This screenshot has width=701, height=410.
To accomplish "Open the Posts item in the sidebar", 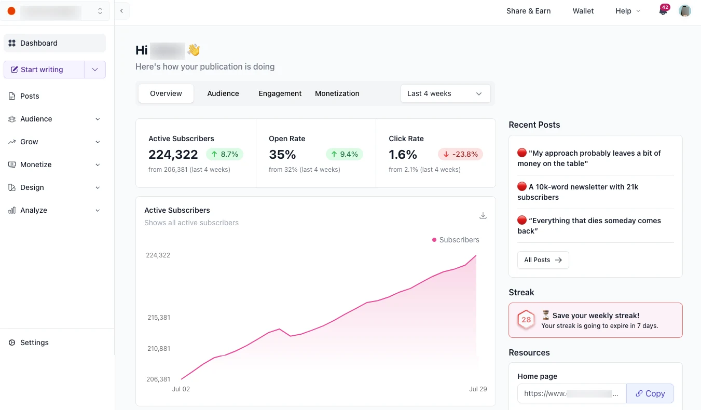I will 30,96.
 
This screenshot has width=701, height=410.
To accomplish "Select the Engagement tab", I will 280,93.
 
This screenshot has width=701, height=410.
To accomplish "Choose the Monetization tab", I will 337,93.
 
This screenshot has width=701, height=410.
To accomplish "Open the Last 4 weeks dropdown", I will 445,93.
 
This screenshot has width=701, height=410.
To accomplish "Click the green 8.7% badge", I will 225,154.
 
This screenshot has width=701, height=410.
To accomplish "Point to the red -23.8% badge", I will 460,154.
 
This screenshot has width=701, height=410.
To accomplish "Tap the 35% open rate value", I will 282,154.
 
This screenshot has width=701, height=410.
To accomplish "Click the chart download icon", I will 483,216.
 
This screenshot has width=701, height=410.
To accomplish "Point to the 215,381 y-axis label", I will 158,317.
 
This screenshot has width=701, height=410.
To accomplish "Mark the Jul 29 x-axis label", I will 478,389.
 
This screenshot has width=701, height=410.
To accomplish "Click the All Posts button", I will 543,260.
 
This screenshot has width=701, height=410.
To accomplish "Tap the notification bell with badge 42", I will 663,11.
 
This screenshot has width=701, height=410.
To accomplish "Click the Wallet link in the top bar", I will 583,11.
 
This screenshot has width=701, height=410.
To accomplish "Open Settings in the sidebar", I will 34,343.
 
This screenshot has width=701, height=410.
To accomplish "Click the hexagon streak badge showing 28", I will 526,320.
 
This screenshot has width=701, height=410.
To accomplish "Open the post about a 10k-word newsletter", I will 578,192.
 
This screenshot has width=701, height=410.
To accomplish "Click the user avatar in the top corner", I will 685,11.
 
